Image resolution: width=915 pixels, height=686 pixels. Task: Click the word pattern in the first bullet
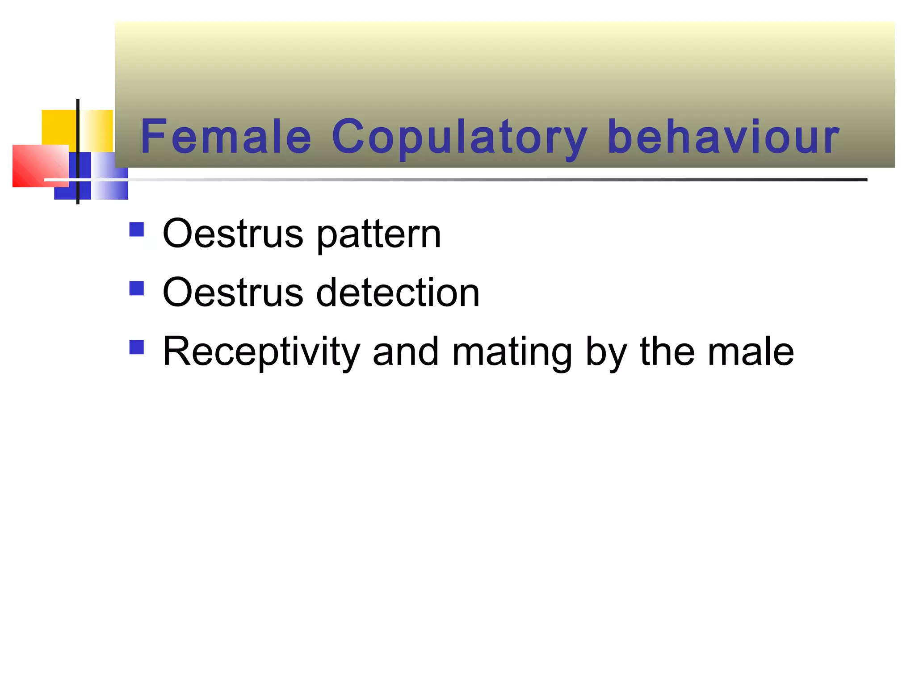(x=379, y=234)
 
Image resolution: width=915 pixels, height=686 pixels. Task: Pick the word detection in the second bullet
(x=398, y=293)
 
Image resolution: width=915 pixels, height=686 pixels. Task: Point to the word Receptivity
(x=261, y=352)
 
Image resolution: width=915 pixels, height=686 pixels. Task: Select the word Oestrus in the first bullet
(x=233, y=234)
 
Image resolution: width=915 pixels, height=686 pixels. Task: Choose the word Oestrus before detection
(x=233, y=293)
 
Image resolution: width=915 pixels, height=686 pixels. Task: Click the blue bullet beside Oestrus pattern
(x=137, y=230)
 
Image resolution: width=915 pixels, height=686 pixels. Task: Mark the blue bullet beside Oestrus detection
(x=137, y=289)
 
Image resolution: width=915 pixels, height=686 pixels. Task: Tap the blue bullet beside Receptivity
(x=137, y=347)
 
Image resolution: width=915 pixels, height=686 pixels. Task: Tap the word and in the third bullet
(x=405, y=352)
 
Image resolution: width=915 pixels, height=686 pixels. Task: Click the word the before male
(x=667, y=352)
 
